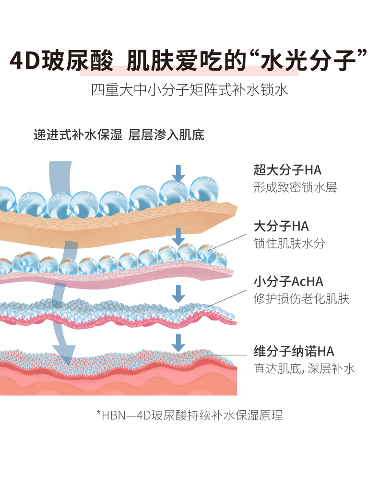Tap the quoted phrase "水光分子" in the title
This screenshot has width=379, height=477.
tap(315, 61)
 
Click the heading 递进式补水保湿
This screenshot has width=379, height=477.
tap(78, 135)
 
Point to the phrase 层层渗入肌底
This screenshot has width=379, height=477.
tap(166, 135)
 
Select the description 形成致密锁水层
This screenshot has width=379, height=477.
tap(295, 187)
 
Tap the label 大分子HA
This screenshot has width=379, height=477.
tap(281, 226)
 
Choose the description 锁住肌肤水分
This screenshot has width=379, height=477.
tap(289, 243)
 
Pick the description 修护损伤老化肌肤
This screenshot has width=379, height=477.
tap(301, 299)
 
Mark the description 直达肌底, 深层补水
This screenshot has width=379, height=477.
tap(304, 368)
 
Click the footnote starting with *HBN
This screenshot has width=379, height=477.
tap(189, 415)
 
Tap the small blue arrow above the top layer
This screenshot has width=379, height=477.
tap(179, 173)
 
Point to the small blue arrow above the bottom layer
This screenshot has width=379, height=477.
tap(179, 342)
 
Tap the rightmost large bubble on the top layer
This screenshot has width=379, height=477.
tap(204, 189)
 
